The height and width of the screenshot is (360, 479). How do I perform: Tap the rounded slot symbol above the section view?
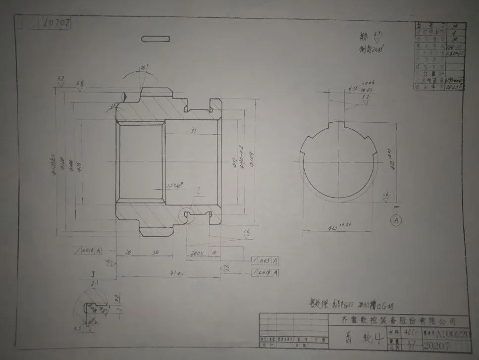click(155, 39)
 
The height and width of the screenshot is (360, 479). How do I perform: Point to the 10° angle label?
click(144, 67)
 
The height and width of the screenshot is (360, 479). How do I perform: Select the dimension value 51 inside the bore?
click(193, 131)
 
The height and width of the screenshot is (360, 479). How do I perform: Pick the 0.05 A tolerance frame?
click(265, 260)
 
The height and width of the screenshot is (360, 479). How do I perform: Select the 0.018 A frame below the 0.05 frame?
click(265, 273)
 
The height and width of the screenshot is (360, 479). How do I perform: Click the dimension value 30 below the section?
click(155, 252)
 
